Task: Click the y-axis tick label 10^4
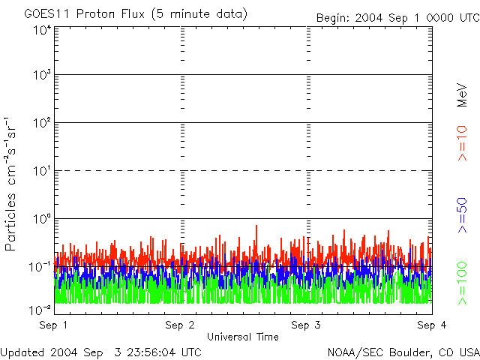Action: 42,31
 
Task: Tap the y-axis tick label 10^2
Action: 42,124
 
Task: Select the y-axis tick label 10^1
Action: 42,172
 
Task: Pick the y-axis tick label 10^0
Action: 42,220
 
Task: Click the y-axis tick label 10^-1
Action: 40,268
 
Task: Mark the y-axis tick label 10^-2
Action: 40,308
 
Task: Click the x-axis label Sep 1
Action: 55,325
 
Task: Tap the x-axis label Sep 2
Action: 181,325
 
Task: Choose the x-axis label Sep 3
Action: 306,325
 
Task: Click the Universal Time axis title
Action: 242,337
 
